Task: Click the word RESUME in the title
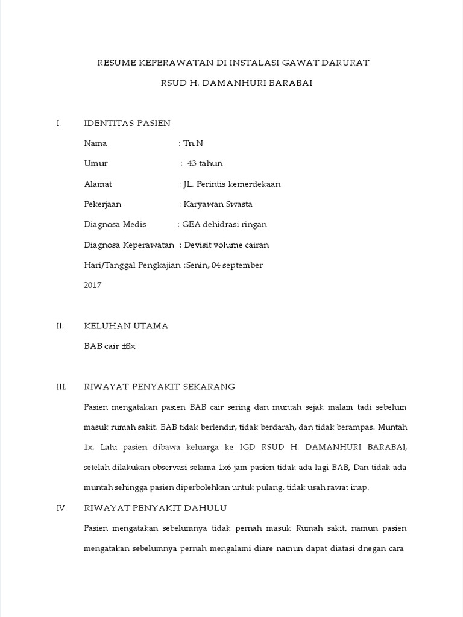click(116, 63)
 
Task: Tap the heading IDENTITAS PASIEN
click(127, 123)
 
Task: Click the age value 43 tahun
click(205, 163)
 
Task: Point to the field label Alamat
click(98, 184)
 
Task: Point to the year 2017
click(93, 286)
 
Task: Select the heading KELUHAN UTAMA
click(125, 326)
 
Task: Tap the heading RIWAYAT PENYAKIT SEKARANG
click(159, 386)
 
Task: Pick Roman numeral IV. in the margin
click(61, 508)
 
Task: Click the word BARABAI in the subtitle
click(291, 83)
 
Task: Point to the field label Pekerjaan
click(102, 204)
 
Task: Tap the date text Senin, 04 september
click(225, 265)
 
